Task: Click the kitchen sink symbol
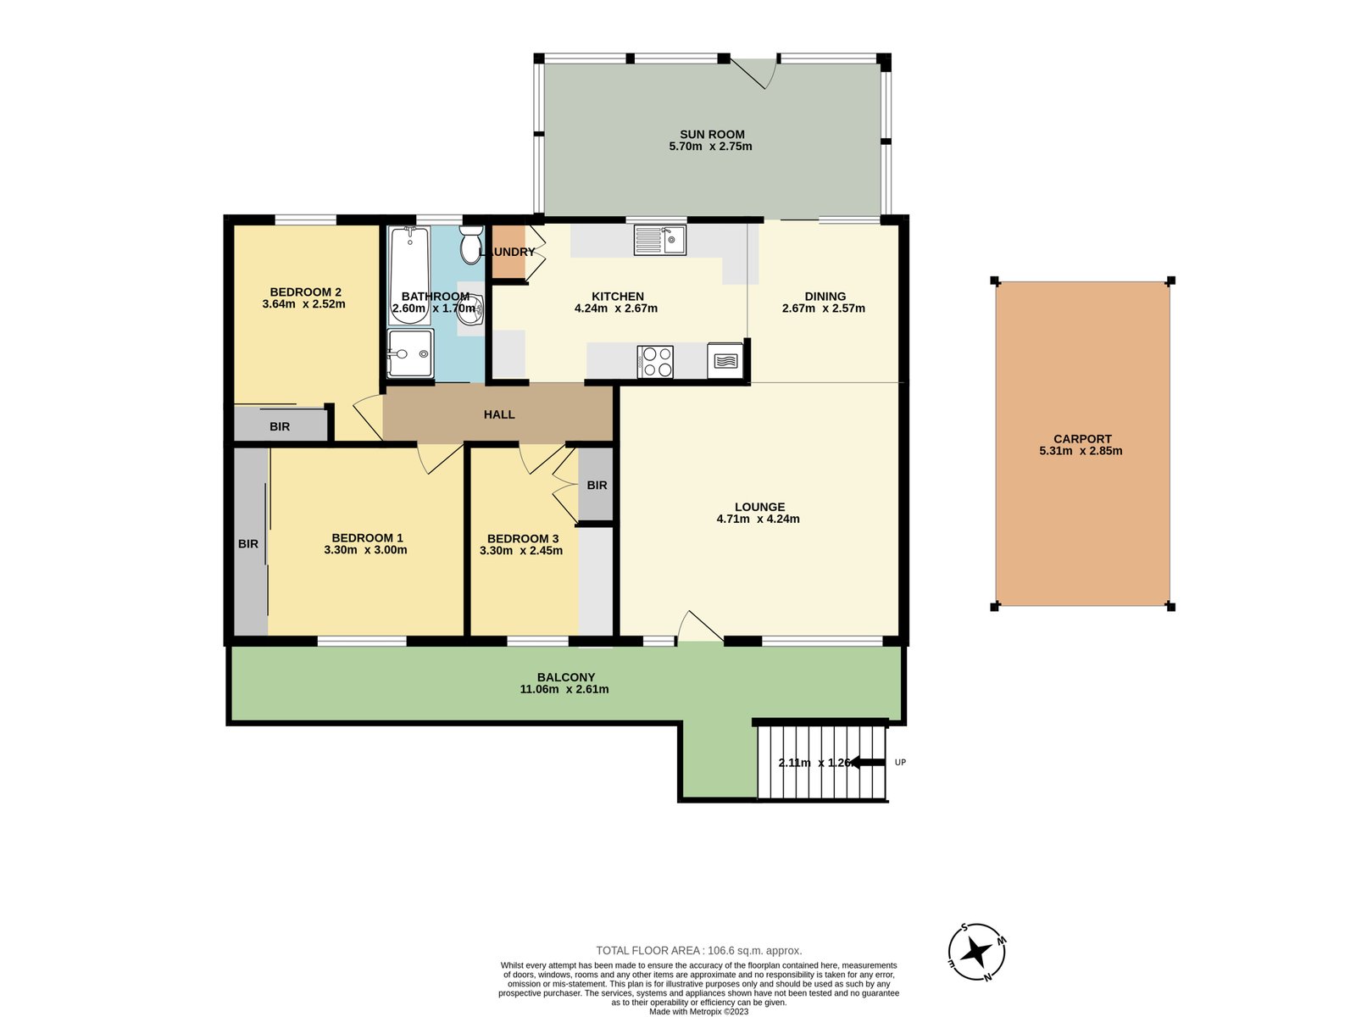click(x=659, y=240)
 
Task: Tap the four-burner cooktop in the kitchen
click(x=655, y=362)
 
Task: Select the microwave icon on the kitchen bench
click(x=725, y=361)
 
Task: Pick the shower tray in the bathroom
click(x=410, y=353)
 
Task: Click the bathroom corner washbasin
click(x=470, y=310)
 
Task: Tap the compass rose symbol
click(x=976, y=951)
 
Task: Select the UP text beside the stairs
click(x=900, y=763)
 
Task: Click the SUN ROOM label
click(x=712, y=134)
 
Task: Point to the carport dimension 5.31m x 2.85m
click(x=1081, y=451)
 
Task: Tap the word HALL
click(x=499, y=414)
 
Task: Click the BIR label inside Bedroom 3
click(x=597, y=486)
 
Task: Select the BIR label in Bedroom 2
click(x=280, y=426)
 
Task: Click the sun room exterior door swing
click(x=757, y=73)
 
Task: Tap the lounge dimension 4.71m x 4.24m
click(x=758, y=519)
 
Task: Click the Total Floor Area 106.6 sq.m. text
click(x=698, y=950)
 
